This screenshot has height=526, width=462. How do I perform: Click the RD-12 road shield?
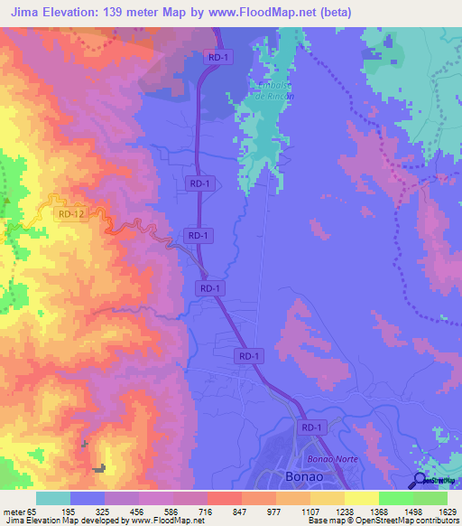pyautogui.click(x=70, y=214)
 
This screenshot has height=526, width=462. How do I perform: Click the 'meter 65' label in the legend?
pyautogui.click(x=18, y=512)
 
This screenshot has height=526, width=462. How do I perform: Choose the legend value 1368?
pyautogui.click(x=361, y=512)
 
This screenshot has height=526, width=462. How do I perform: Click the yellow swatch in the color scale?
pyautogui.click(x=361, y=498)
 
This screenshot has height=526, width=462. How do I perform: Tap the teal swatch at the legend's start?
pyautogui.click(x=52, y=498)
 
